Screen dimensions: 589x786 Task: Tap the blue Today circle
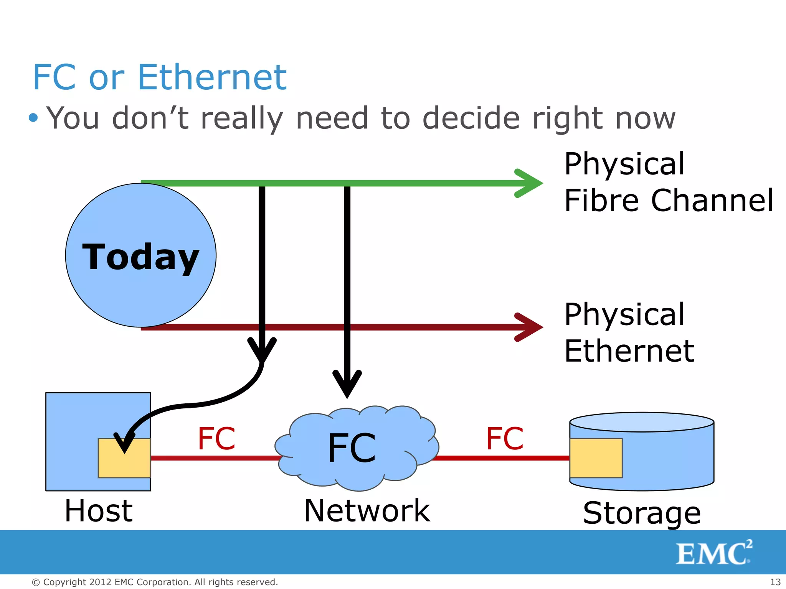[140, 255]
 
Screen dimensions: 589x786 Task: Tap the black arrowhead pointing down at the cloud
[347, 383]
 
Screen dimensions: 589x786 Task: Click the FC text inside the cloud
[352, 448]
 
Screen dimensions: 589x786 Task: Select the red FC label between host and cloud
[216, 439]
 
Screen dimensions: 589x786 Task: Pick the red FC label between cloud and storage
[505, 439]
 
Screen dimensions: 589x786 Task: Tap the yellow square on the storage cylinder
[596, 458]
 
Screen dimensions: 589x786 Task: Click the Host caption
[99, 511]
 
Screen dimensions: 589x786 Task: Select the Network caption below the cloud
[367, 511]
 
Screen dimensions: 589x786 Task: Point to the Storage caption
[642, 513]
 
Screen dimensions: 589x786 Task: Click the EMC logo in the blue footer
[714, 553]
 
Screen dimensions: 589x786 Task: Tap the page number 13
[775, 582]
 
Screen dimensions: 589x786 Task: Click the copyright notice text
[155, 582]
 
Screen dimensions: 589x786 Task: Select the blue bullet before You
[34, 118]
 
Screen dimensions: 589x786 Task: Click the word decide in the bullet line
[471, 118]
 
